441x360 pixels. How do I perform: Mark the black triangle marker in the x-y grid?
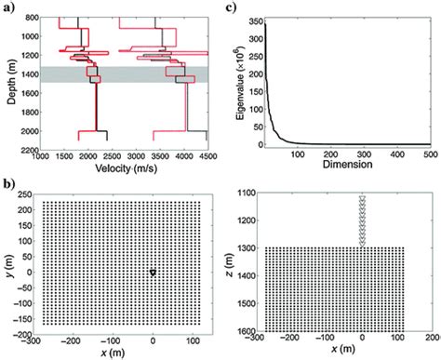coord(154,272)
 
